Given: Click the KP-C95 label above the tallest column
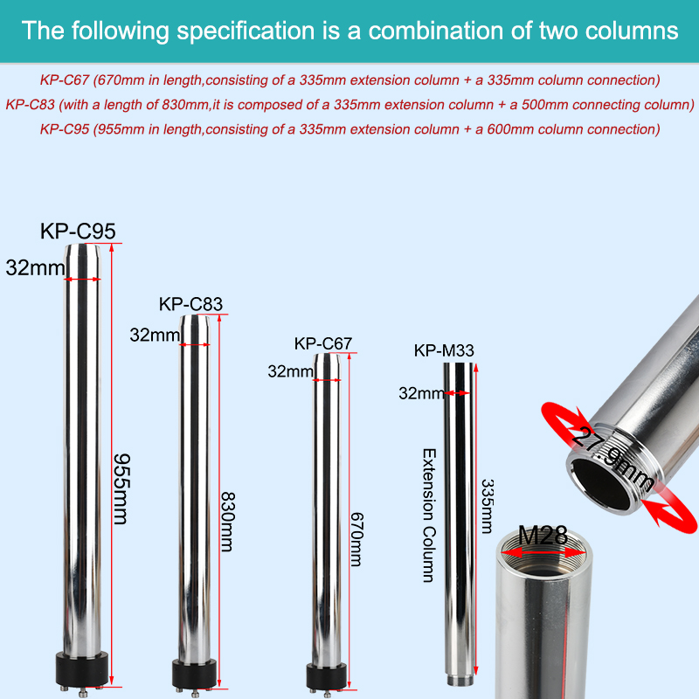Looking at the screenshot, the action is point(78,231).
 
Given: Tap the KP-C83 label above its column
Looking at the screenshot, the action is point(190,304).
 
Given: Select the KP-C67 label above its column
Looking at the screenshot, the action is point(323,343).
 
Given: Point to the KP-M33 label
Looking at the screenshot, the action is point(444,350).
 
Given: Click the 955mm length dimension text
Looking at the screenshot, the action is point(121,489).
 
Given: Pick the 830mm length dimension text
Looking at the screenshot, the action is point(228,522).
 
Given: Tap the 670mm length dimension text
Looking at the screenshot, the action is point(356,539).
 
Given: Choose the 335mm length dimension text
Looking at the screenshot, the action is point(488,507).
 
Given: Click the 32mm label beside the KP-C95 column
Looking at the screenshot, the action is point(35,268).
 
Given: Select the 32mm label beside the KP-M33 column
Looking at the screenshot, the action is point(422,393).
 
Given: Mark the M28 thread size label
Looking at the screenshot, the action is point(543,535).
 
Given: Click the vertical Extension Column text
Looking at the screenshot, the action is point(429,516).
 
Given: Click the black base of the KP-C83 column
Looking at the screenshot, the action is point(194,674).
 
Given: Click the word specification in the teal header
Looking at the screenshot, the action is point(246,31).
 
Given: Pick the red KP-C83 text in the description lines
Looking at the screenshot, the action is point(31,105).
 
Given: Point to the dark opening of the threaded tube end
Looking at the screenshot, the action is point(603,484).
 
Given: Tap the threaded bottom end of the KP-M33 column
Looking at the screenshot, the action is point(460,682).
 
